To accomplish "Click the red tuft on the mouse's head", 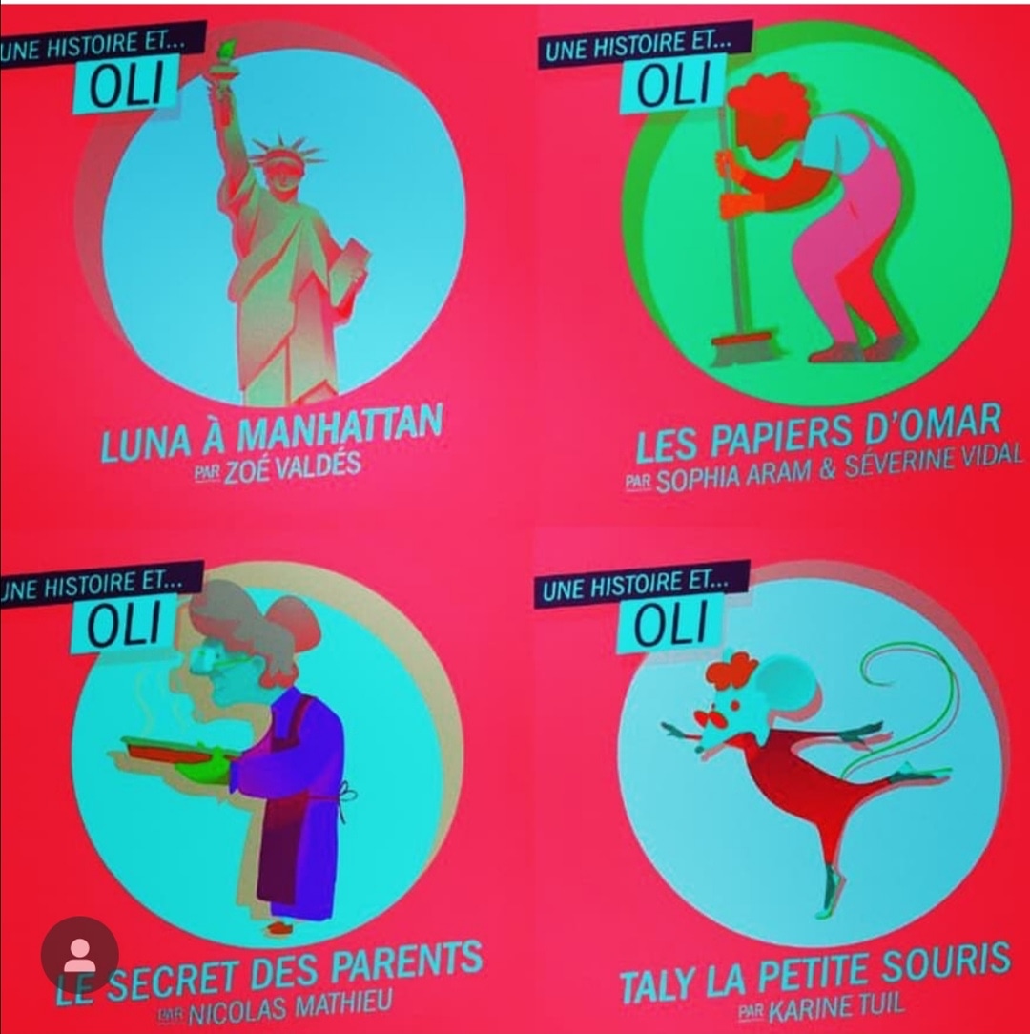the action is pyautogui.click(x=730, y=671).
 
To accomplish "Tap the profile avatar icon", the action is pyautogui.click(x=80, y=954).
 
